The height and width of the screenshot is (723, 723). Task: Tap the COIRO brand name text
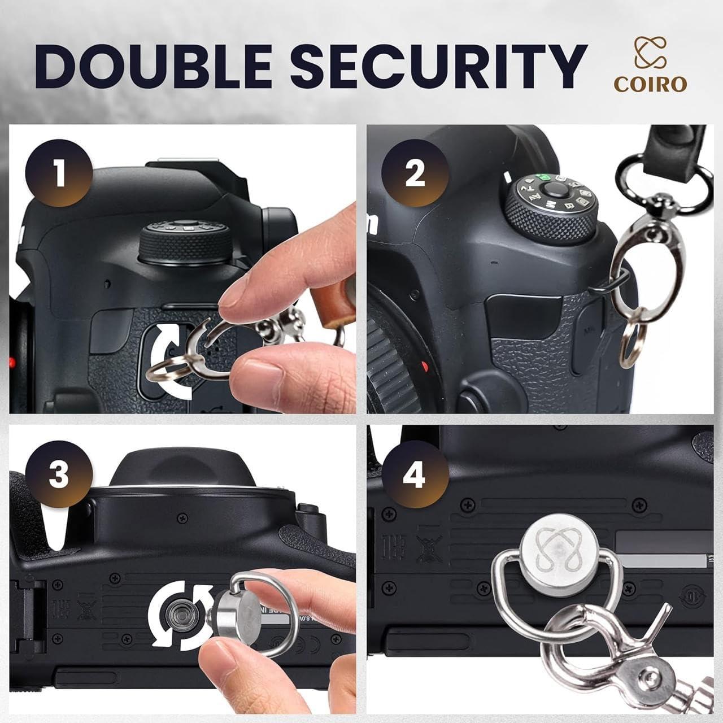[x=650, y=84]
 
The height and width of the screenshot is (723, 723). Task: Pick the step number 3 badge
[x=59, y=474]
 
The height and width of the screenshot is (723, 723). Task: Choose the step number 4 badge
[x=415, y=477]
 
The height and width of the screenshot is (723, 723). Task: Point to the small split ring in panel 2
[x=630, y=345]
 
